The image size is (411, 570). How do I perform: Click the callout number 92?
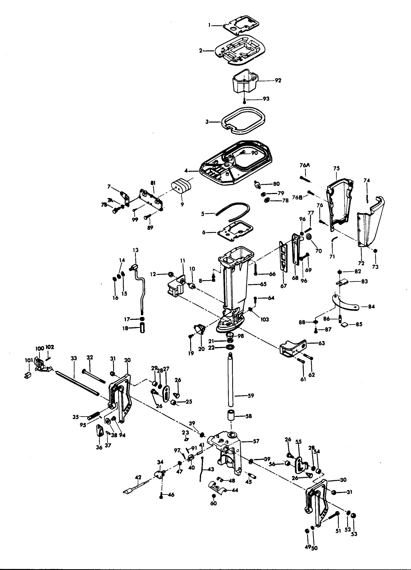pos(278,81)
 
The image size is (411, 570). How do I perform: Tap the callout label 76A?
pos(305,165)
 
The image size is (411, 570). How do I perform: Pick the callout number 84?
pos(371,306)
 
